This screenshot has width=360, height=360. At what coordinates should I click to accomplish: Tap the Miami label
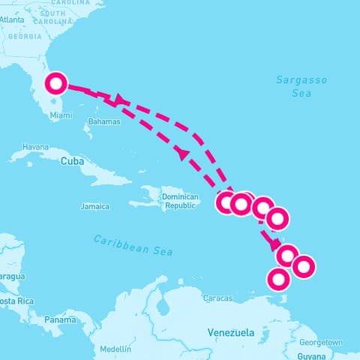pyautogui.click(x=61, y=115)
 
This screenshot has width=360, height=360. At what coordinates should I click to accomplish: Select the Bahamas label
pyautogui.click(x=103, y=121)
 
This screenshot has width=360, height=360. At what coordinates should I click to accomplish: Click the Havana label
pyautogui.click(x=35, y=146)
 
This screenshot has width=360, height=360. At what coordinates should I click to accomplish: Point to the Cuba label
pyautogui.click(x=70, y=160)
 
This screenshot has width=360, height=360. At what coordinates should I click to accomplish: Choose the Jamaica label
pyautogui.click(x=95, y=205)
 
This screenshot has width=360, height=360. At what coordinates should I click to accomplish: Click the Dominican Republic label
pyautogui.click(x=181, y=201)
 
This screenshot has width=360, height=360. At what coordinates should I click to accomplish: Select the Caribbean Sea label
pyautogui.click(x=133, y=244)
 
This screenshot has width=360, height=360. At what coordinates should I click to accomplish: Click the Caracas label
pyautogui.click(x=217, y=298)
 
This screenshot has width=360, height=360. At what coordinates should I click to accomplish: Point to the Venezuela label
pyautogui.click(x=231, y=331)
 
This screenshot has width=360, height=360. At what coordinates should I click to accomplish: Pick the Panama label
pyautogui.click(x=60, y=319)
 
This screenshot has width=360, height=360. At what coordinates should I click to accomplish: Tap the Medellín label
pyautogui.click(x=115, y=349)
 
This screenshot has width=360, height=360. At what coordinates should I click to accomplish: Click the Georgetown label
pyautogui.click(x=323, y=342)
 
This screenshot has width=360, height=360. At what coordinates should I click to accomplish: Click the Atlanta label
pyautogui.click(x=12, y=20)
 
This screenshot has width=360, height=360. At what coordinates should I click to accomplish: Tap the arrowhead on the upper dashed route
pyautogui.click(x=118, y=99)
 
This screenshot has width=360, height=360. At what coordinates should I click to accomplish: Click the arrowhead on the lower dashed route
pyautogui.click(x=181, y=153)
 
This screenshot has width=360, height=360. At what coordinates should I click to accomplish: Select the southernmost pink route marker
pyautogui.click(x=278, y=279)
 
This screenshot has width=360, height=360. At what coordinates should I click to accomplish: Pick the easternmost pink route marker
pyautogui.click(x=303, y=265)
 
